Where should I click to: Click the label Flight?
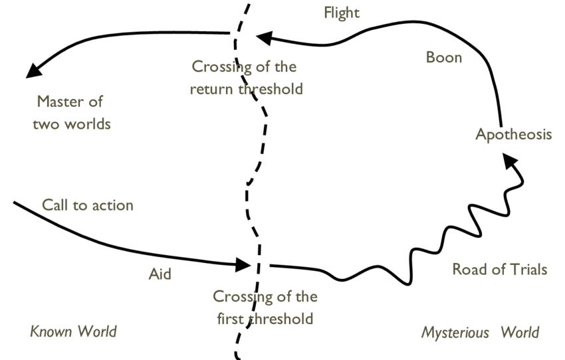pyautogui.click(x=342, y=13)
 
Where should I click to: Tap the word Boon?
pyautogui.click(x=444, y=58)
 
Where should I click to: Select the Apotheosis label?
pyautogui.click(x=513, y=135)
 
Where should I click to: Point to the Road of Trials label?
pyautogui.click(x=500, y=269)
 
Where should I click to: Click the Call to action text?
pyautogui.click(x=88, y=205)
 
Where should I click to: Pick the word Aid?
pyautogui.click(x=160, y=274)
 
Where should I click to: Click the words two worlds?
pyautogui.click(x=72, y=124)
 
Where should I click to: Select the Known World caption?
pyautogui.click(x=74, y=331)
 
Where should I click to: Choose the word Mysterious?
pyautogui.click(x=455, y=332)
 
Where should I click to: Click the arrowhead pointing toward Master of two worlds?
pyautogui.click(x=34, y=70)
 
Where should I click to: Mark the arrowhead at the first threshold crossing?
pyautogui.click(x=243, y=265)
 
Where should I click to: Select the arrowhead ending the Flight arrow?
pyautogui.click(x=264, y=38)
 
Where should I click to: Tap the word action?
pyautogui.click(x=113, y=205)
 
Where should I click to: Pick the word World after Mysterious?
pyautogui.click(x=520, y=332)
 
